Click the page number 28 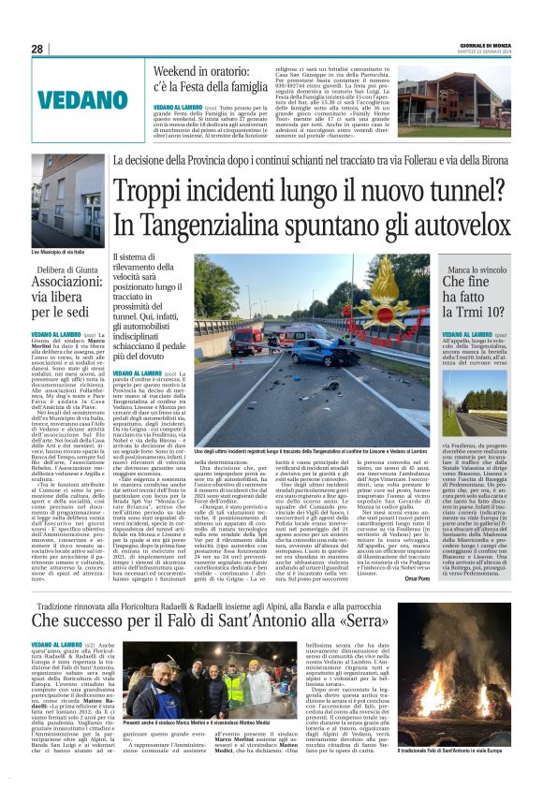coord(37,49)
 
